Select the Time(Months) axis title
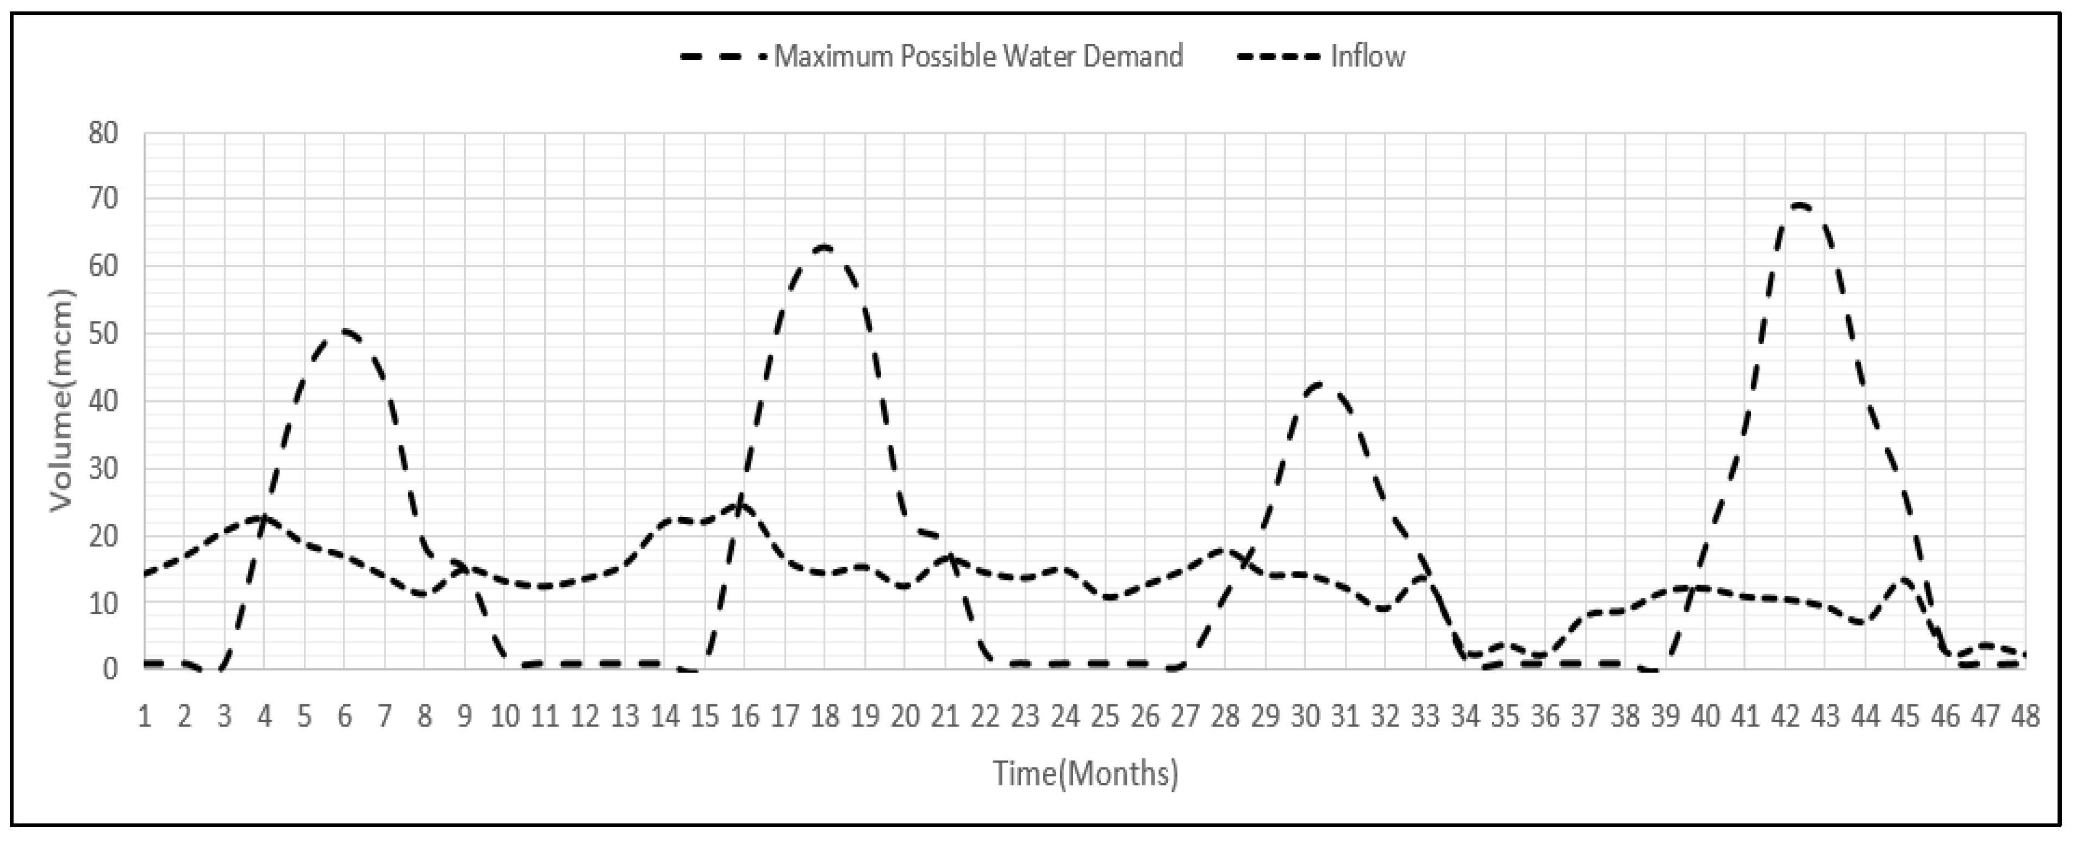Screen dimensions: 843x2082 [1086, 773]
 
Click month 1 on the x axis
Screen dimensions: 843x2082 [145, 716]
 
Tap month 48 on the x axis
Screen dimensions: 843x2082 [2024, 716]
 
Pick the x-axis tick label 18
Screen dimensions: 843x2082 [825, 716]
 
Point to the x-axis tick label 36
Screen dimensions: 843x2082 [1544, 716]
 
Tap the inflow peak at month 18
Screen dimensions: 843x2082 [825, 246]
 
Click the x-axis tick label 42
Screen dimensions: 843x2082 [1785, 716]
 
